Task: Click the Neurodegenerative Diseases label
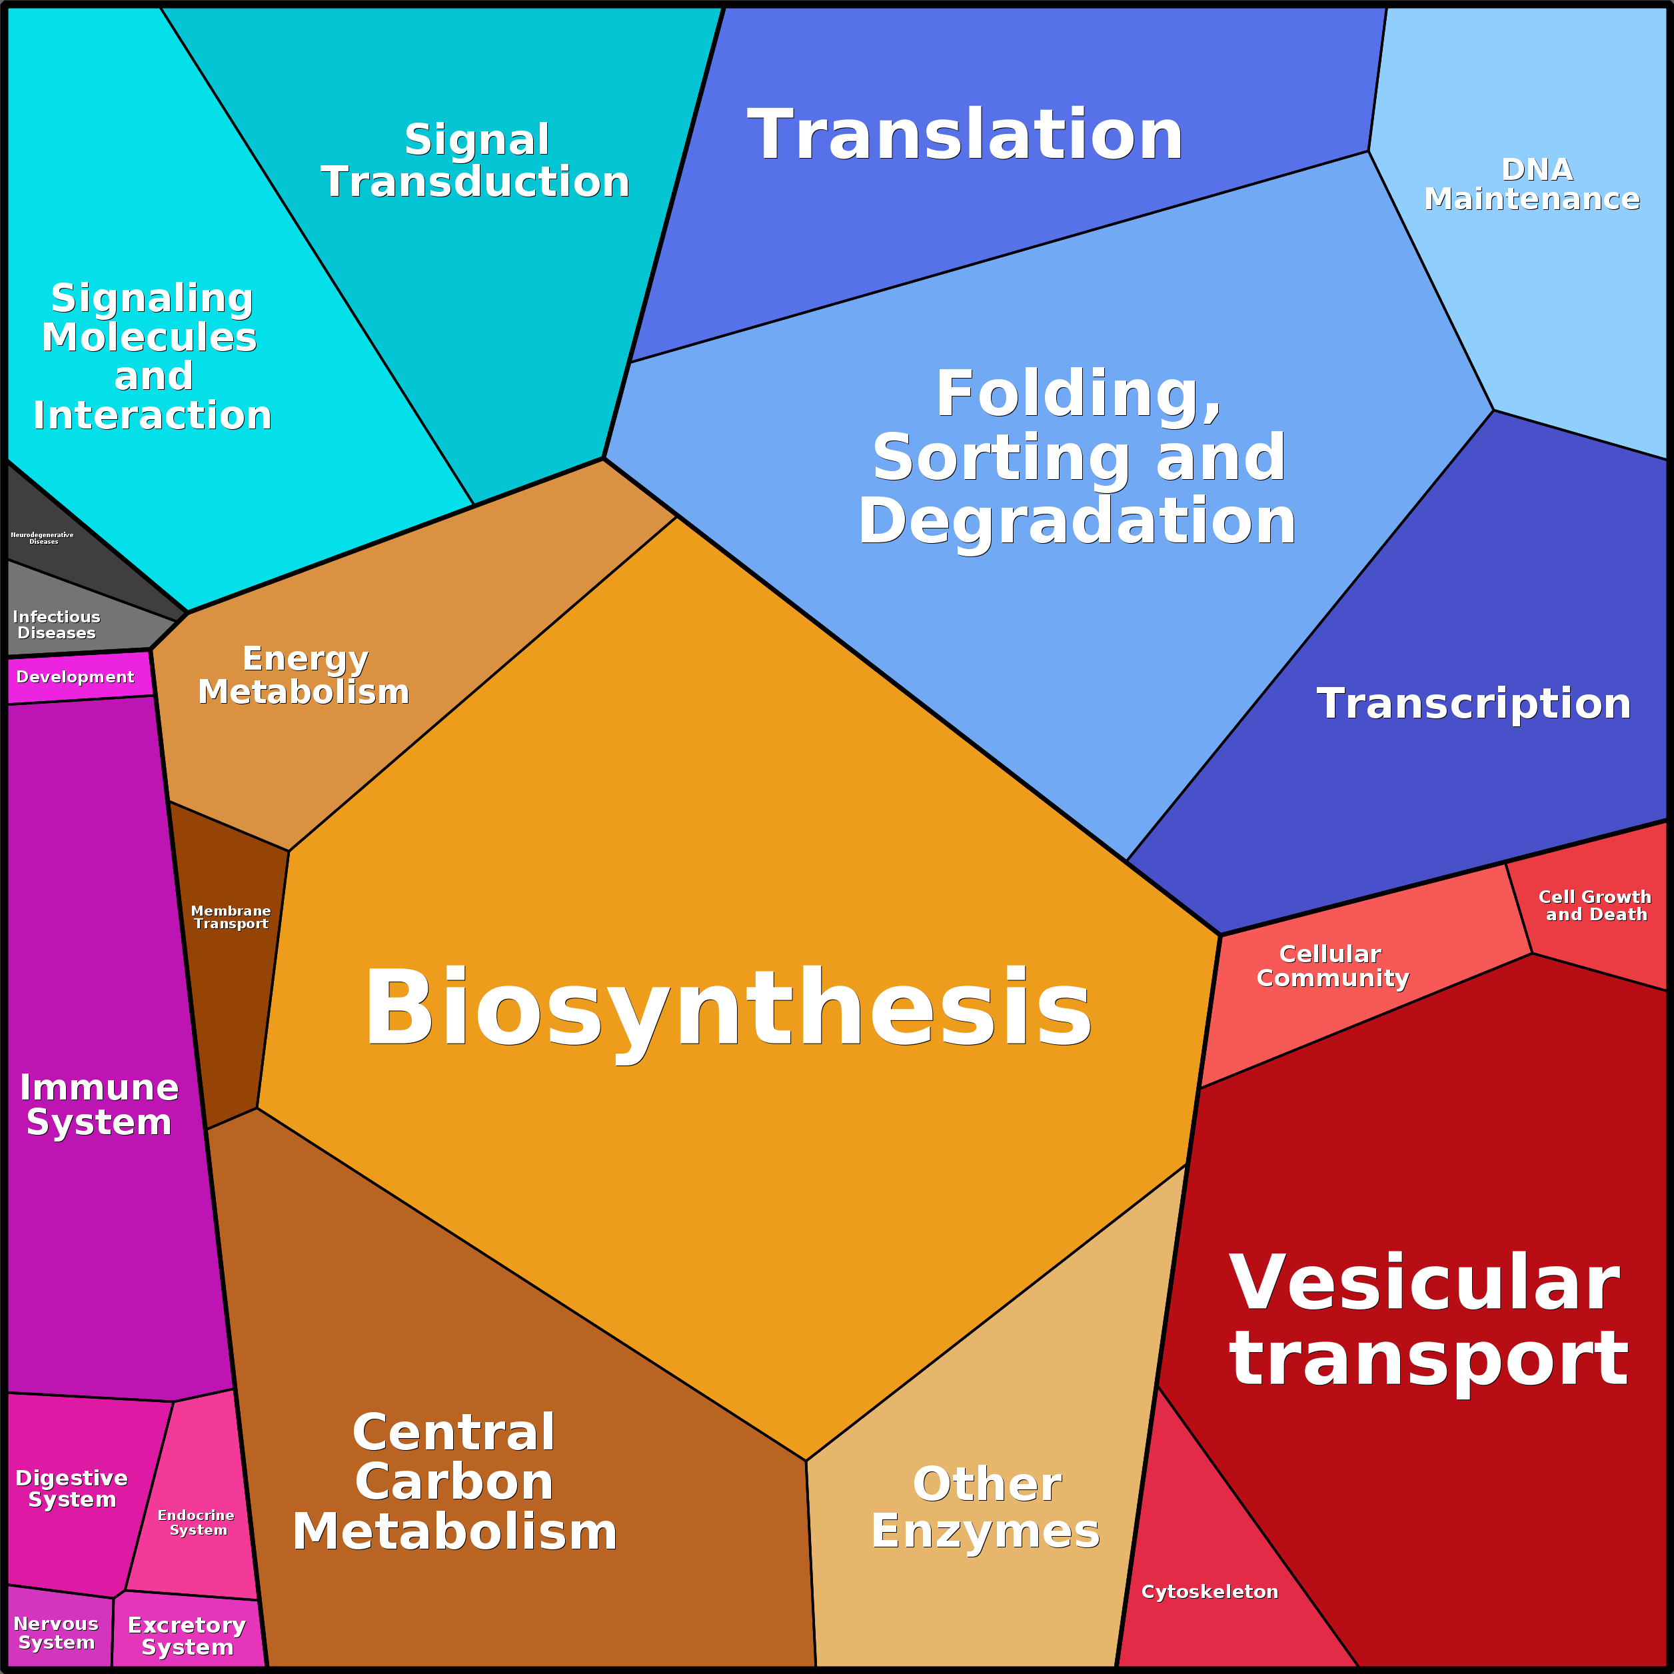click(x=43, y=538)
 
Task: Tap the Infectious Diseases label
click(x=57, y=624)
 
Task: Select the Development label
click(x=75, y=676)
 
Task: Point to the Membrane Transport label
click(x=231, y=917)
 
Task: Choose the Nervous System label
click(x=57, y=1633)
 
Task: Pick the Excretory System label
click(x=187, y=1636)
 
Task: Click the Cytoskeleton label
click(x=1210, y=1591)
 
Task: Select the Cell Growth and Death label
click(x=1595, y=906)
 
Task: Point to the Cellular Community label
click(x=1331, y=966)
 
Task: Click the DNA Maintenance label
click(x=1533, y=185)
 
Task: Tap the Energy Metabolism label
click(x=304, y=675)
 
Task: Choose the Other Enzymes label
click(x=986, y=1507)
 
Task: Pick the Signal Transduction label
click(x=476, y=161)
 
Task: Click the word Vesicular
click(x=1425, y=1284)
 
